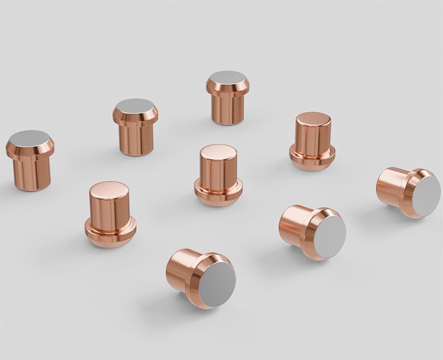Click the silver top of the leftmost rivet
coord(29,138)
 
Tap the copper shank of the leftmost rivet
coord(32,173)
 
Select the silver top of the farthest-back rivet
coord(228,78)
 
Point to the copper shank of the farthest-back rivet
coord(228,109)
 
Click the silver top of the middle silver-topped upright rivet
coord(135,106)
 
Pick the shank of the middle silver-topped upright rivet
coord(136,139)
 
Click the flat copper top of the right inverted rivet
coord(313,119)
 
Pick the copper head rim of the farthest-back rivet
coord(228,88)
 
